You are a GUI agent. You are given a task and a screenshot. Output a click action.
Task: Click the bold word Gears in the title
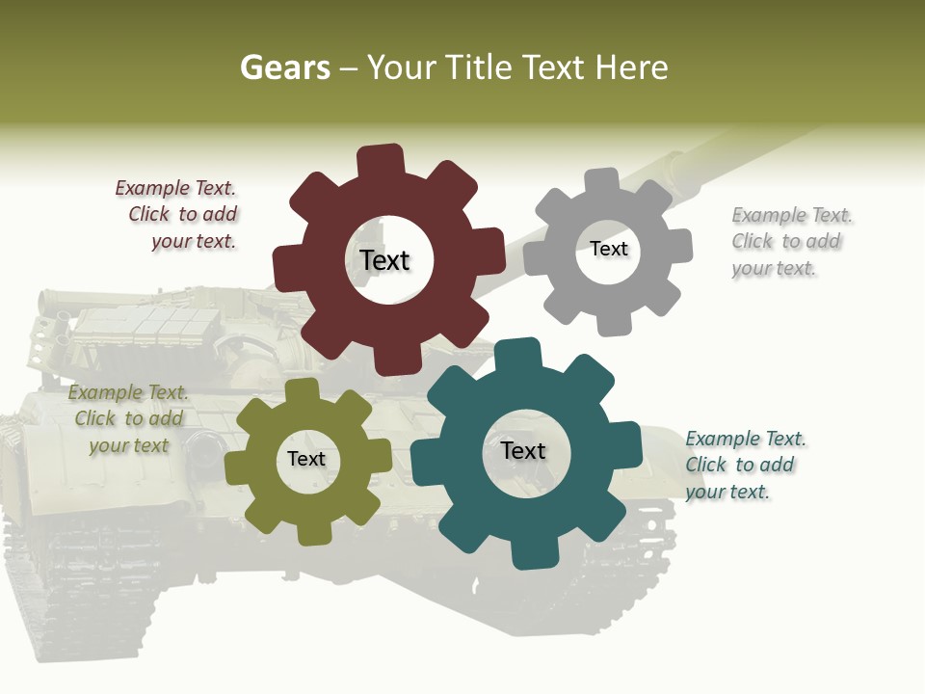click(284, 67)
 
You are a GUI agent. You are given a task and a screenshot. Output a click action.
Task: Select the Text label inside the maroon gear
click(385, 260)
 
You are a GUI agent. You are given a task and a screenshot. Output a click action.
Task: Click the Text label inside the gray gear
click(609, 249)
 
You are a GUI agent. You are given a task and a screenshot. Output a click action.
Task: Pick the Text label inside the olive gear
click(306, 459)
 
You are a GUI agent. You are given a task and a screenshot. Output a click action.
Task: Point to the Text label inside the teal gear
click(523, 450)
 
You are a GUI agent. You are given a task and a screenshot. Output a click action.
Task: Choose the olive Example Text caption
click(128, 418)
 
